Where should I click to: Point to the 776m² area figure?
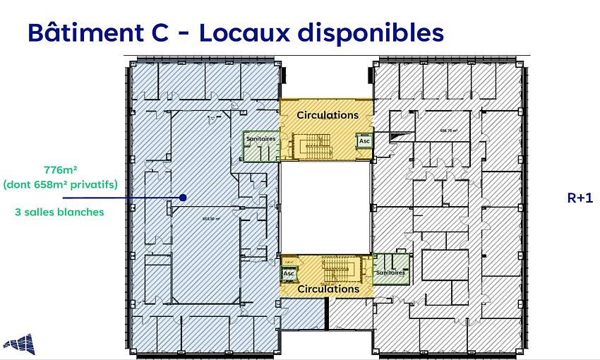(x=59, y=169)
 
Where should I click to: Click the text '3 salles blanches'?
(x=59, y=212)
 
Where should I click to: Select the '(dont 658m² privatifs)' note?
(x=59, y=184)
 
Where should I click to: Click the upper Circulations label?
(x=327, y=114)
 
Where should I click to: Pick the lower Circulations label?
(x=328, y=289)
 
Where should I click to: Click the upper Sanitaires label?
(x=260, y=139)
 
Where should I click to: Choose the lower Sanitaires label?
(x=390, y=272)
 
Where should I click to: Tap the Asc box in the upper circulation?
(x=364, y=140)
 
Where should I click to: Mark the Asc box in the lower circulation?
(x=288, y=273)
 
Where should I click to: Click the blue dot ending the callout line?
(x=183, y=198)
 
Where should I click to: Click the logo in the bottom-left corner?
(x=19, y=344)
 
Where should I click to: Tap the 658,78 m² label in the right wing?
(x=450, y=130)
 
